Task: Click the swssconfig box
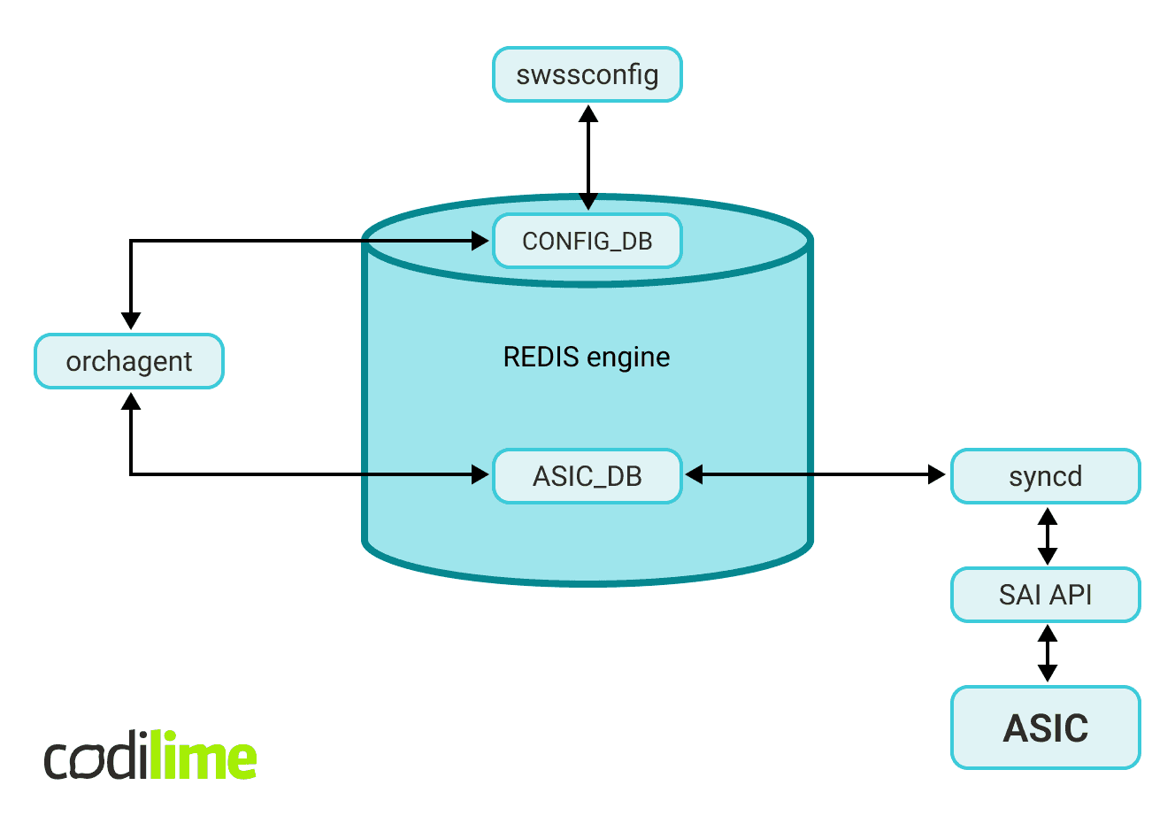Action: (x=587, y=75)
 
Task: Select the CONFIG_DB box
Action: (x=587, y=241)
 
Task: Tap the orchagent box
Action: (x=129, y=361)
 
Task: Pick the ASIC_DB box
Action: (x=587, y=476)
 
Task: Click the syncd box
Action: (x=1046, y=476)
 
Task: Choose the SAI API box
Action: (x=1046, y=595)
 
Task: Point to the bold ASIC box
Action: (x=1046, y=727)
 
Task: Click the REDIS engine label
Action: (x=587, y=358)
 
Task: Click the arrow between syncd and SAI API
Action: (x=1047, y=535)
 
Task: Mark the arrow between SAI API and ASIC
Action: (x=1047, y=653)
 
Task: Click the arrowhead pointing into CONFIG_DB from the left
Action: (x=480, y=240)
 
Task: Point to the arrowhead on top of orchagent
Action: (x=131, y=321)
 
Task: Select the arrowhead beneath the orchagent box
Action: (x=131, y=403)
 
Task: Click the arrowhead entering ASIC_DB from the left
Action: (x=480, y=475)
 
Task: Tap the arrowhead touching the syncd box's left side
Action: (x=936, y=475)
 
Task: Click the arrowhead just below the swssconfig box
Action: (x=587, y=114)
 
